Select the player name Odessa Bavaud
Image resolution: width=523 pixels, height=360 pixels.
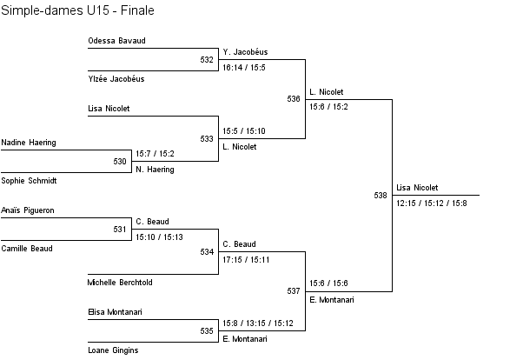(x=116, y=41)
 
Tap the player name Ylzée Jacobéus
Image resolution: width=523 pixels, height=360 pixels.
(x=116, y=79)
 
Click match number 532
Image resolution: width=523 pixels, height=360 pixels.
(x=207, y=60)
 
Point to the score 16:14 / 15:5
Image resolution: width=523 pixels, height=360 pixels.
(x=244, y=67)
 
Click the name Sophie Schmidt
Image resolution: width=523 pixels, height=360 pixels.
(x=30, y=180)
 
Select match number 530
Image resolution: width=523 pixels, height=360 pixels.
(x=120, y=161)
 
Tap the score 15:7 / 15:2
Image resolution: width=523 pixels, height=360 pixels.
(x=155, y=153)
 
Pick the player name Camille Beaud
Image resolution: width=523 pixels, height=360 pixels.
(x=27, y=249)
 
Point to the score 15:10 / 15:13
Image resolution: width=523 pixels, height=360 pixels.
(x=160, y=236)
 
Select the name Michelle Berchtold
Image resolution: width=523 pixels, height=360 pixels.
(x=120, y=283)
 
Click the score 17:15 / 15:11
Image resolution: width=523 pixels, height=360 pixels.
(x=246, y=259)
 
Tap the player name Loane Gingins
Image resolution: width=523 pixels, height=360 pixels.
(x=113, y=350)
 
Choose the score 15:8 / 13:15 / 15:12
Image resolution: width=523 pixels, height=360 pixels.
(x=258, y=323)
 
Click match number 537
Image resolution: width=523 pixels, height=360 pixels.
(x=294, y=290)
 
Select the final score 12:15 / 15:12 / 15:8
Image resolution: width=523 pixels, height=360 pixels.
(x=431, y=203)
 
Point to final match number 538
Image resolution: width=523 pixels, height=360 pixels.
(x=381, y=196)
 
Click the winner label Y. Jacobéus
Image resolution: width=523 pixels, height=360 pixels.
(x=245, y=52)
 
